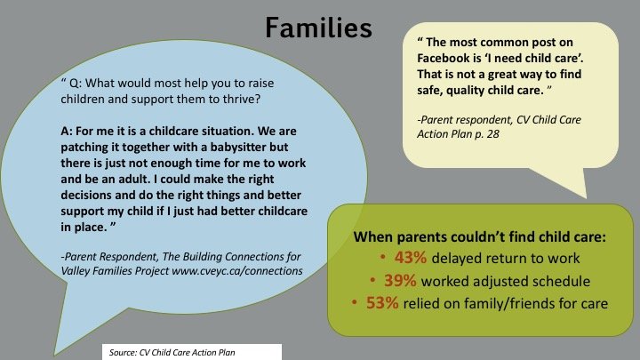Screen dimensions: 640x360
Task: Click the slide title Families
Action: tap(318, 28)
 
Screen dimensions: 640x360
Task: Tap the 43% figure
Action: tap(410, 258)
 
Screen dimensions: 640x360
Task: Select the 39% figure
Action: tap(400, 281)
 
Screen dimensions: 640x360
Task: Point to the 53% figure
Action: tap(382, 303)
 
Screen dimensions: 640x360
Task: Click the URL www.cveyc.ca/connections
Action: tap(237, 271)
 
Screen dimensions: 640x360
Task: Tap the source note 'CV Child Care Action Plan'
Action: tap(187, 353)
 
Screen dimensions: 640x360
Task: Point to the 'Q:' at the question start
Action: tap(76, 84)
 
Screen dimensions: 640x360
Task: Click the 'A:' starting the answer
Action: tap(67, 131)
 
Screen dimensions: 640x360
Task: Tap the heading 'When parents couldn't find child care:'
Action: tap(480, 236)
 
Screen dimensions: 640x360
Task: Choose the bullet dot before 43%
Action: tap(383, 257)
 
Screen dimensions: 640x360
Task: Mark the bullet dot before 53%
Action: tap(355, 302)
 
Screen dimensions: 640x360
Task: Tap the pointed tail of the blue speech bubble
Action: tap(55, 355)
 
